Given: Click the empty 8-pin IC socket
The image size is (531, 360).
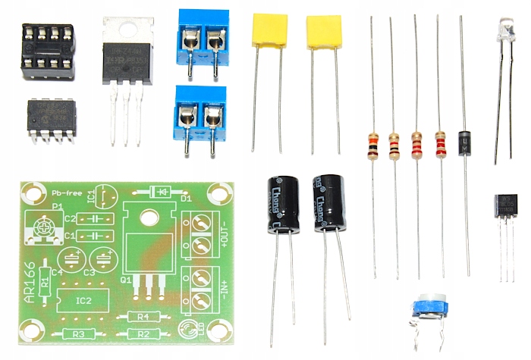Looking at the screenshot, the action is tap(46, 52).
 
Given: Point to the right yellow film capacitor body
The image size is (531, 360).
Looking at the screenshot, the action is tap(324, 32).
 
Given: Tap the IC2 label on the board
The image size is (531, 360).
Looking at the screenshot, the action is tap(83, 300).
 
